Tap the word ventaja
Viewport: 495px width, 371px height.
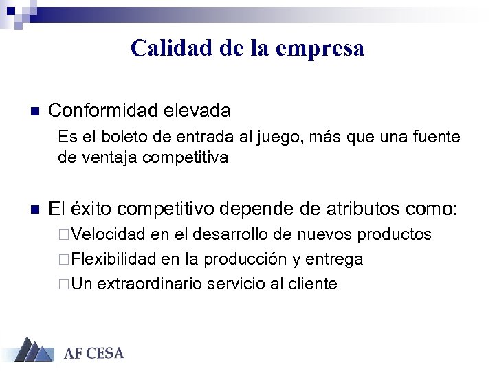107,157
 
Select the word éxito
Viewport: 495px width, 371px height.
96,209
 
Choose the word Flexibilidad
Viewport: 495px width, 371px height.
114,259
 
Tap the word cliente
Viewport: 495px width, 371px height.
313,284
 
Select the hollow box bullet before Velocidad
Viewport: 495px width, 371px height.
64,235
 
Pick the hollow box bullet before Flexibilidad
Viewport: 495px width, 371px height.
64,260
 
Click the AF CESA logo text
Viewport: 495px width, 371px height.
93,354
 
